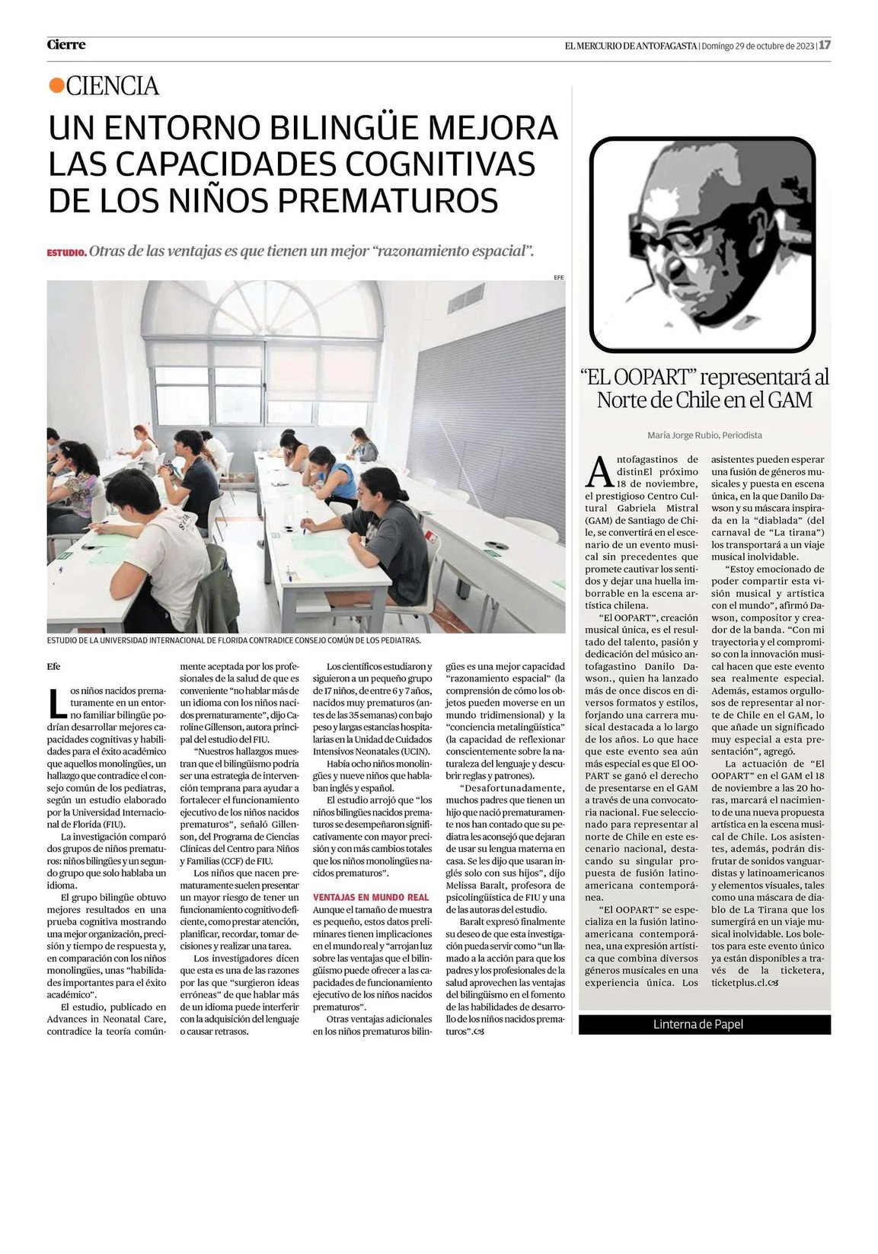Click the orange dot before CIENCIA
point(56,86)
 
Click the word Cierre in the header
point(66,45)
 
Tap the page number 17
point(825,45)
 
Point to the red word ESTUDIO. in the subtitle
point(66,252)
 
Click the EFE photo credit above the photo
point(559,277)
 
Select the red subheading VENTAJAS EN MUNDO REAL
point(371,898)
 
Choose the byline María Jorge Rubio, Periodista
point(704,436)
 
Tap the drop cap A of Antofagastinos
point(599,471)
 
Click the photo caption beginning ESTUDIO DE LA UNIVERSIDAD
point(234,640)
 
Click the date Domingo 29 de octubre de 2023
point(758,45)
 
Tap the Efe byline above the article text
point(53,666)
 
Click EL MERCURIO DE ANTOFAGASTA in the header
point(631,45)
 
